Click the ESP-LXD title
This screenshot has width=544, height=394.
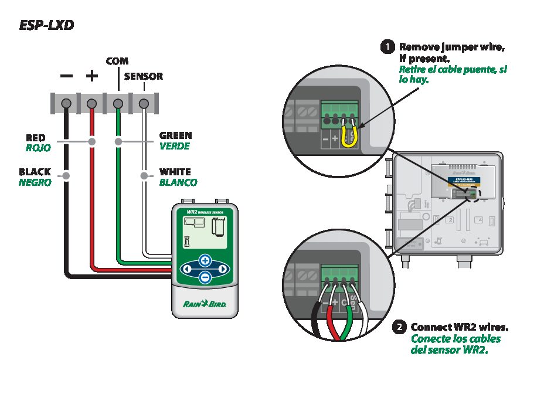[x=47, y=25]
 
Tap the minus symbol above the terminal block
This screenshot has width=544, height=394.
[x=67, y=76]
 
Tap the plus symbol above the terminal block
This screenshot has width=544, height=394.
[x=92, y=76]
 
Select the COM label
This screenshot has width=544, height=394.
[x=117, y=61]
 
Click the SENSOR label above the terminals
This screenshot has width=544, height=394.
[x=144, y=77]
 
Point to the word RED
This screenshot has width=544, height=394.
[x=36, y=138]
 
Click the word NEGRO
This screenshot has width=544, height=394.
[x=35, y=182]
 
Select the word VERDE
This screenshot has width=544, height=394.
[x=175, y=146]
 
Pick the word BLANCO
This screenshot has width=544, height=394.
[x=178, y=182]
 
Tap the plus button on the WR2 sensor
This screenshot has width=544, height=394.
[x=205, y=260]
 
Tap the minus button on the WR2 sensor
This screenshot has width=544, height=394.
[x=205, y=277]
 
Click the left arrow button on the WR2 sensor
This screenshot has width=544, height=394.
[x=186, y=269]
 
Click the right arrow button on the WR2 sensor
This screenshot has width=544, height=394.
[x=223, y=269]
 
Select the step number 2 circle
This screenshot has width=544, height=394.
[x=400, y=328]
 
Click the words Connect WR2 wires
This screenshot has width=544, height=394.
[x=459, y=327]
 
